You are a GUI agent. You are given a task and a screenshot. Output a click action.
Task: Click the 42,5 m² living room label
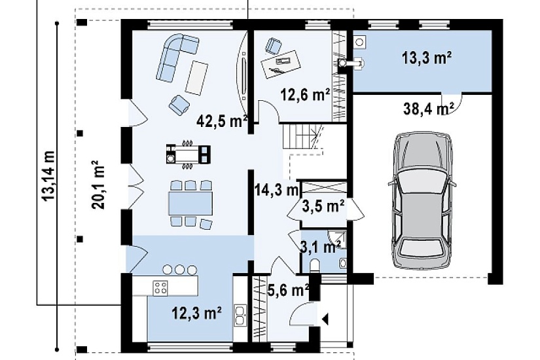222,121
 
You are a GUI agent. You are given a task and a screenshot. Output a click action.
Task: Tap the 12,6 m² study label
306,94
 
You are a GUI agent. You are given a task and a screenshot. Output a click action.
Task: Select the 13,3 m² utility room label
427,58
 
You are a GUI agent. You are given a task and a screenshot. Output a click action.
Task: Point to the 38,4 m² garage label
429,109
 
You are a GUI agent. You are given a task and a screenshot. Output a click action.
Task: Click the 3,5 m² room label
323,206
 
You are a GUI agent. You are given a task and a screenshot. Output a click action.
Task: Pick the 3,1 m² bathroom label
321,247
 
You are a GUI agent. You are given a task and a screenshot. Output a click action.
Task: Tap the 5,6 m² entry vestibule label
288,291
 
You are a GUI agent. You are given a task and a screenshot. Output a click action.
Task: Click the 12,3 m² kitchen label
196,313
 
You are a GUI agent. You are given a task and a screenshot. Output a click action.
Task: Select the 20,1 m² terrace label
98,185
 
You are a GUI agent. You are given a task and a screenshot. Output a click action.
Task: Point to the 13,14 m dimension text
48,175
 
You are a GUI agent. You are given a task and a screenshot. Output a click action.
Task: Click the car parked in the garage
422,200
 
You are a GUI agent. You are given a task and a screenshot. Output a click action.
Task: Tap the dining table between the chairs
190,204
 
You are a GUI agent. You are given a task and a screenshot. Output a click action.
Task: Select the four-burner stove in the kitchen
160,287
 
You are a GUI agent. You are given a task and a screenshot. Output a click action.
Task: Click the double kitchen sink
240,315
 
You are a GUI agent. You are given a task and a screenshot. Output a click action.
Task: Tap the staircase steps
302,137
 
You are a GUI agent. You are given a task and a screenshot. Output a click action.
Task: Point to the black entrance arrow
325,319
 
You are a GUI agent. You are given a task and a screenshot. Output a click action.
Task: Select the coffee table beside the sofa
196,77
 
